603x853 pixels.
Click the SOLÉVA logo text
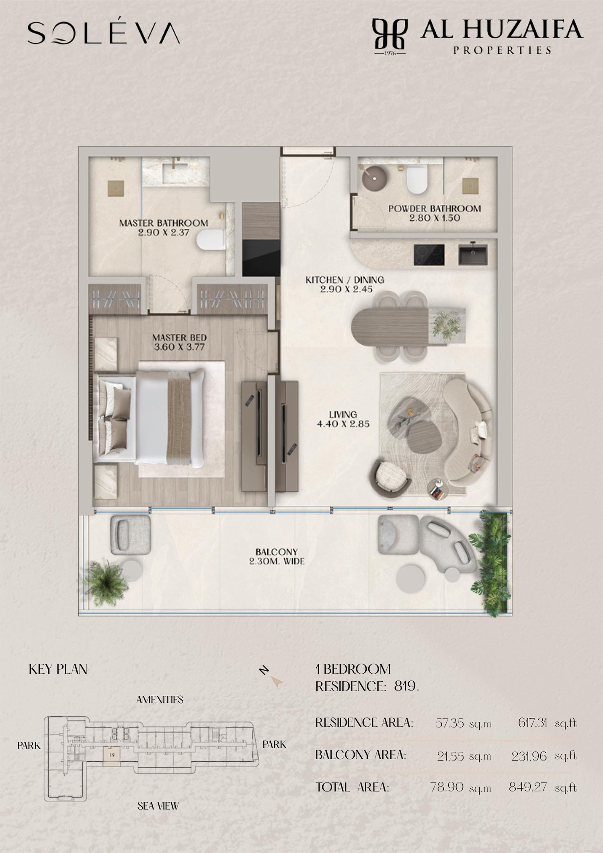click(103, 33)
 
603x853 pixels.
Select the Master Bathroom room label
click(164, 223)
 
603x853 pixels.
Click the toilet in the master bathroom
click(210, 240)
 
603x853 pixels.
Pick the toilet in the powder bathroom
click(416, 180)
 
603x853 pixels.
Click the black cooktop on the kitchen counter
click(429, 255)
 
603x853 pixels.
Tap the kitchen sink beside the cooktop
click(473, 255)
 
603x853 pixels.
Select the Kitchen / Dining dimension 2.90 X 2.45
click(346, 289)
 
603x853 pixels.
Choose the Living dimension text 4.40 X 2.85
click(343, 423)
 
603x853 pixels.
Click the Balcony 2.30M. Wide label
click(277, 557)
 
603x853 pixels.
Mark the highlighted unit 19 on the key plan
click(112, 754)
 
